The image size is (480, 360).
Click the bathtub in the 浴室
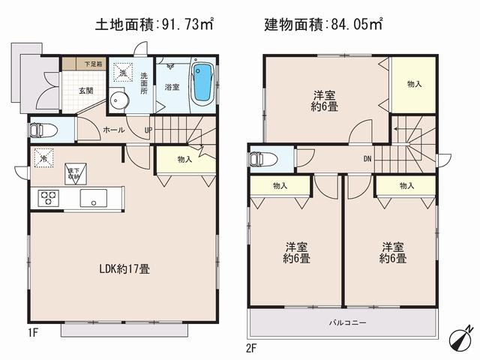tap(203, 85)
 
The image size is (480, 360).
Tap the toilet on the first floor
tap(42, 130)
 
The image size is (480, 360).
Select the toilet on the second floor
tap(261, 158)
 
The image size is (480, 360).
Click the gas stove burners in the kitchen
tap(49, 199)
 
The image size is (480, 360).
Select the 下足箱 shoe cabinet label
tap(93, 64)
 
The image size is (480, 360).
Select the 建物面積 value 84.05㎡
tap(355, 24)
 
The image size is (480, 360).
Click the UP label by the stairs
tap(148, 129)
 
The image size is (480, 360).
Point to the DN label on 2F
tap(367, 158)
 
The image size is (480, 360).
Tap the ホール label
tap(115, 129)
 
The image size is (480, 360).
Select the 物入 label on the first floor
tap(185, 159)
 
